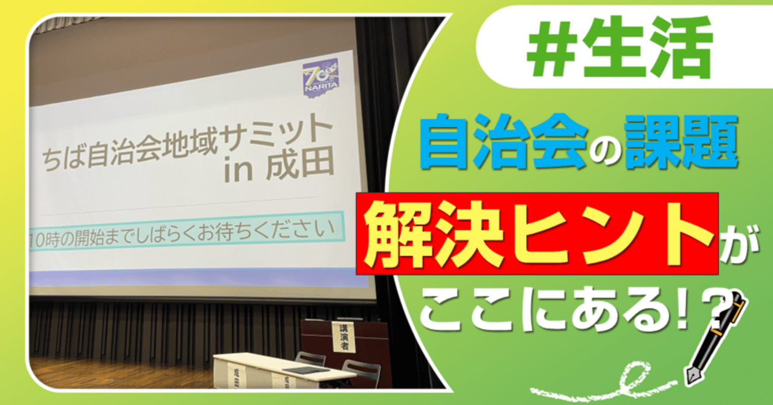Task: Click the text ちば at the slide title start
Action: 66,159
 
